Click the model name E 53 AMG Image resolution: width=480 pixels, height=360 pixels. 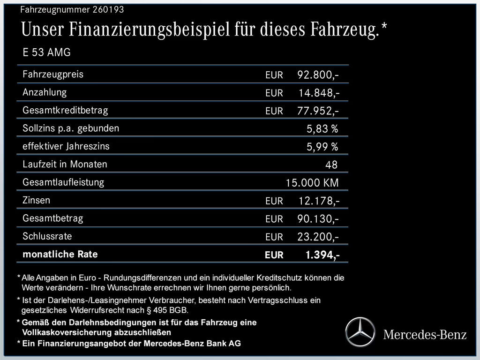[46, 52]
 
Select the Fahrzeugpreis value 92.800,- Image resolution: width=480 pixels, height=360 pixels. [318, 75]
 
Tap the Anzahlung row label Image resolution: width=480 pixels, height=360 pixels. [45, 92]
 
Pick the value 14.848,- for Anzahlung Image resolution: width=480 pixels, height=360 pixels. [319, 93]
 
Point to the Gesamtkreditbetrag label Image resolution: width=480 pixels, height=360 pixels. [65, 111]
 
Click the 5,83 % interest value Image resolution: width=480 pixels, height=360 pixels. [322, 129]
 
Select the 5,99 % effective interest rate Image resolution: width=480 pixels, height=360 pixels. [322, 147]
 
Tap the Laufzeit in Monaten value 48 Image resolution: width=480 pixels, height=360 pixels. [331, 165]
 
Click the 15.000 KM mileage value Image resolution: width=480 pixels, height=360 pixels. [312, 183]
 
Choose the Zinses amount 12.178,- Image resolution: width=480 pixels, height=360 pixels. [319, 201]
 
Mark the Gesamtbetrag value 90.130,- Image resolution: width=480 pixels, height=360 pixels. [318, 219]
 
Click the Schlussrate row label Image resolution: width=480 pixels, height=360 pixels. [47, 236]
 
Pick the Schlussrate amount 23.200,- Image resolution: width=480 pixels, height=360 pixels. [318, 237]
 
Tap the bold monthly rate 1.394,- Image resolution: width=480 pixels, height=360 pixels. [322, 255]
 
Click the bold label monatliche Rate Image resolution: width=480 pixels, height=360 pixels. [60, 255]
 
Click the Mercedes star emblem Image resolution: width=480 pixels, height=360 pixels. [361, 332]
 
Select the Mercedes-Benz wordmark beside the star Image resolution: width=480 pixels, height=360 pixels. [425, 334]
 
